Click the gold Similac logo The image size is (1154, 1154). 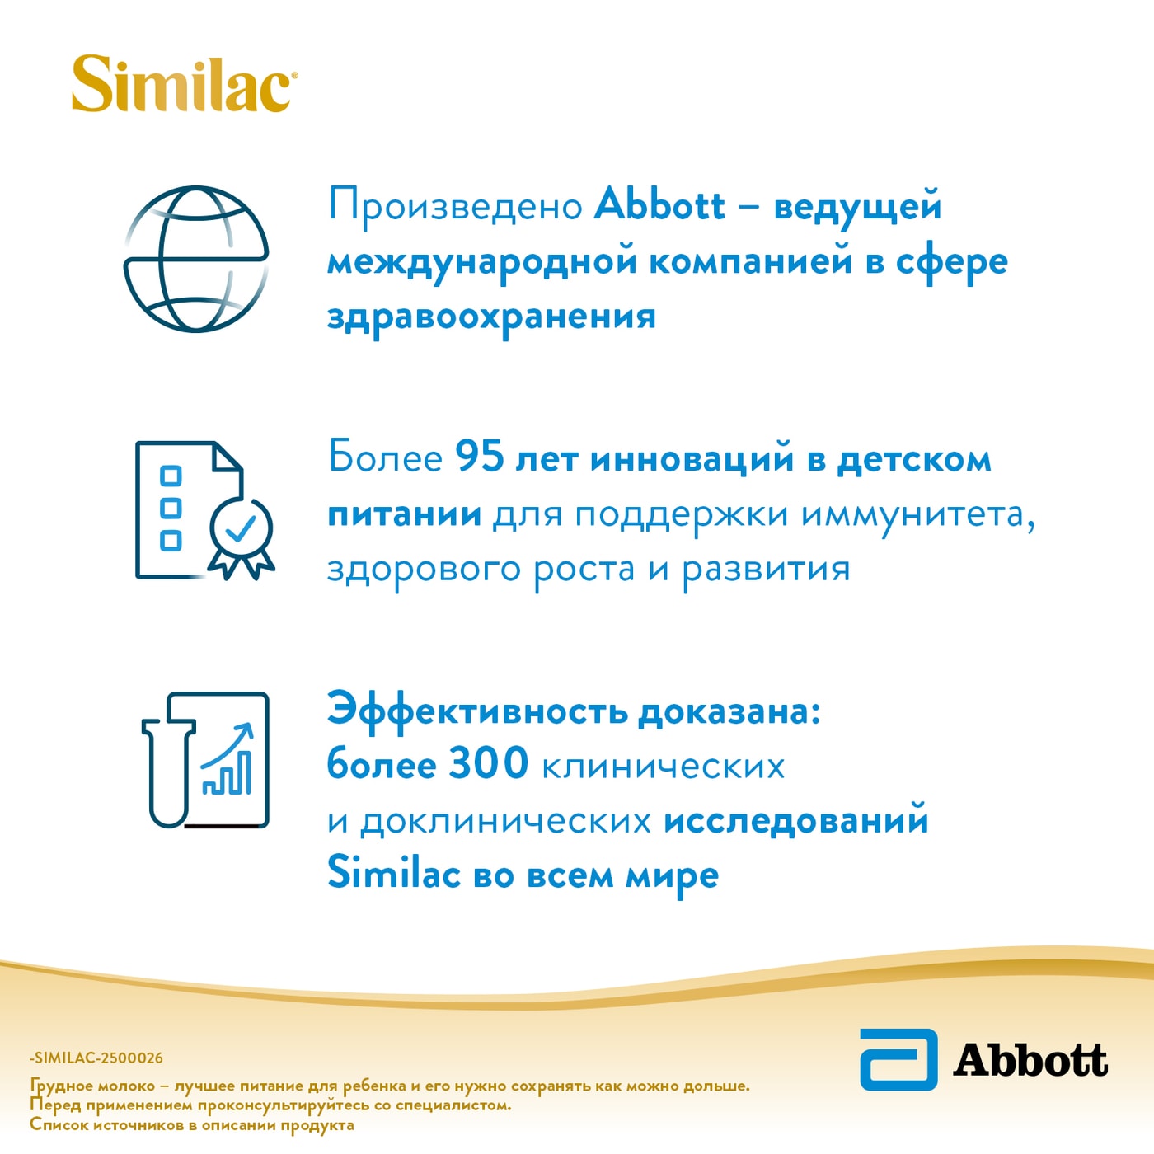(183, 84)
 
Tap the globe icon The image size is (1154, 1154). (196, 259)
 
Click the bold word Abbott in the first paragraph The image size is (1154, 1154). (659, 204)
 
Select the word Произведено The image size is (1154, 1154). (456, 206)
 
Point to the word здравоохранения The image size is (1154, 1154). (491, 317)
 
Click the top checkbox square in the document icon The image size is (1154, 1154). (171, 476)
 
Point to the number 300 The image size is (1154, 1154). (488, 763)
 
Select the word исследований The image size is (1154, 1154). (795, 821)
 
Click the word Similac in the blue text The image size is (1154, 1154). (393, 874)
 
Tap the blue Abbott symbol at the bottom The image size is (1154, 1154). (898, 1059)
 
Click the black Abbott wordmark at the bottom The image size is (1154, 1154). (1030, 1061)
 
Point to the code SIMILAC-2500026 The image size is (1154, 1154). (97, 1058)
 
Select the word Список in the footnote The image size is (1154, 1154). (58, 1125)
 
